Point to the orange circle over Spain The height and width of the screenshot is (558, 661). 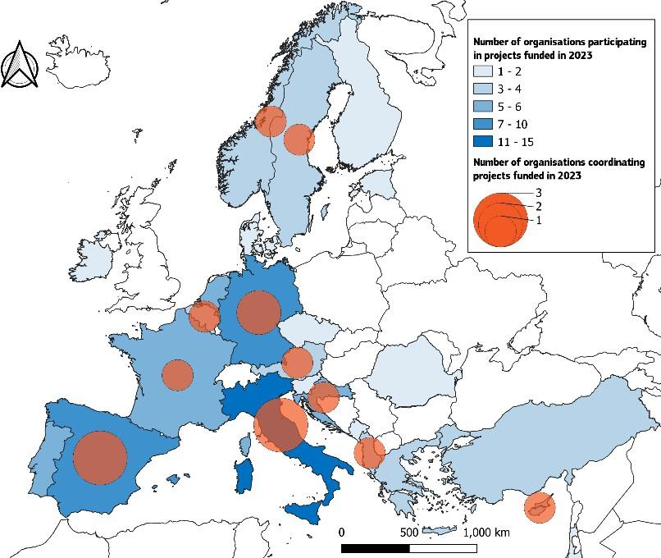(100, 457)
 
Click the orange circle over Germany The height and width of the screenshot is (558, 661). (259, 312)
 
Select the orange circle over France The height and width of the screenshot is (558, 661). (177, 374)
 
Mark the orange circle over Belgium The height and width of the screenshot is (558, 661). (203, 316)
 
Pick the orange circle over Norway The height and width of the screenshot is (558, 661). (270, 121)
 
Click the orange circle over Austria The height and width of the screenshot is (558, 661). (298, 363)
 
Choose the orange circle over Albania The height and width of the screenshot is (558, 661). (370, 452)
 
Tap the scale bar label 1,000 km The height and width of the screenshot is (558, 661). (486, 533)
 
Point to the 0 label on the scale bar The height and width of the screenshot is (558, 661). (341, 533)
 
